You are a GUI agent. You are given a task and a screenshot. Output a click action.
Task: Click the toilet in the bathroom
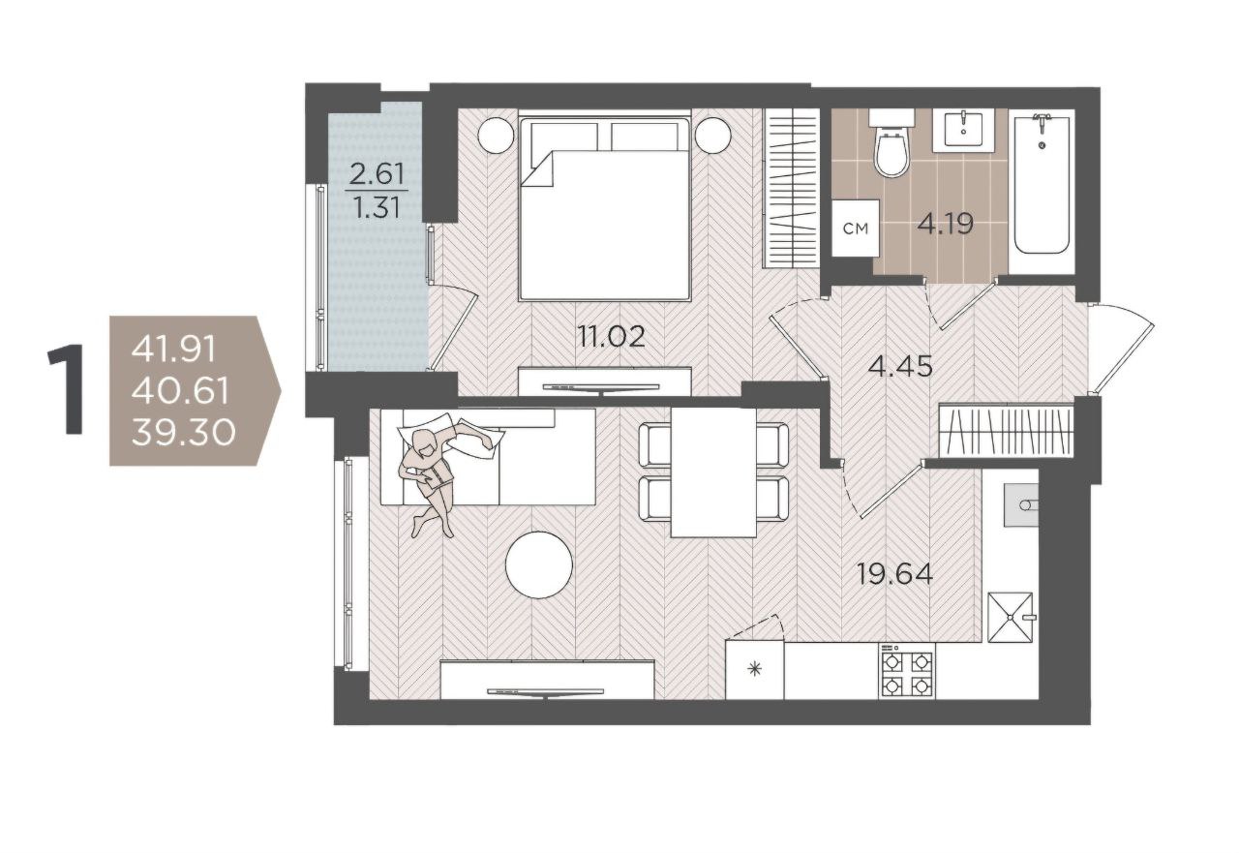(891, 142)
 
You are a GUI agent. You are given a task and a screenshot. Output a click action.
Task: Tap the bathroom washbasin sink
(963, 130)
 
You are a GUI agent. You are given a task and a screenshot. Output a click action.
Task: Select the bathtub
(1041, 191)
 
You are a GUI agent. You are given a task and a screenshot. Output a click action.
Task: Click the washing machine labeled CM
(856, 228)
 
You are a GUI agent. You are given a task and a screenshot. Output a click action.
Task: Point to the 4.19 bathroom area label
(946, 225)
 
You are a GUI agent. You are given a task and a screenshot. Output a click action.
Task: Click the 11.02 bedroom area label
(611, 336)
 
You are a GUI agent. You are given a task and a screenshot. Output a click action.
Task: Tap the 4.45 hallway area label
(900, 366)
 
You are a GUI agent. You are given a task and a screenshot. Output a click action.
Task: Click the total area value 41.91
(173, 350)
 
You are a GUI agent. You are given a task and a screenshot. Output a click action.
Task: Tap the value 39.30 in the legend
(184, 432)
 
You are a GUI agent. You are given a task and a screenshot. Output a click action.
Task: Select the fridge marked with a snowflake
(755, 670)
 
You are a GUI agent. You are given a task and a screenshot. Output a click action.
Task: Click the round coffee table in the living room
(539, 564)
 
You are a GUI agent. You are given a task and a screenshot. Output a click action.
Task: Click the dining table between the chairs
(713, 472)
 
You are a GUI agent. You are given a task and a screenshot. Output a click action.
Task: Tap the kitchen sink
(1021, 504)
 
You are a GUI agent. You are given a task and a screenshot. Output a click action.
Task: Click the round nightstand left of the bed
(497, 136)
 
